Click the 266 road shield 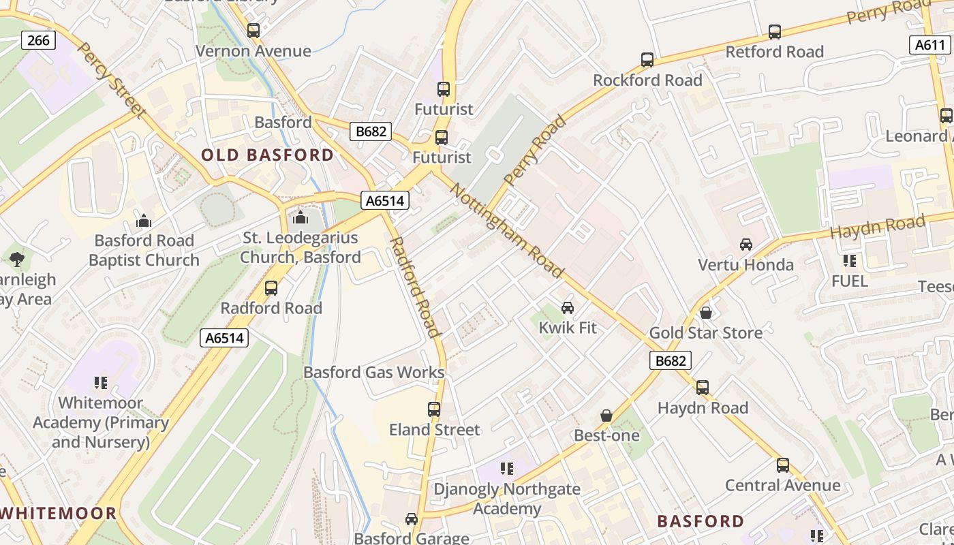[38, 40]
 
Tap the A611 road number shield [929, 45]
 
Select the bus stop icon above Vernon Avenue [253, 30]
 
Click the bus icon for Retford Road [774, 31]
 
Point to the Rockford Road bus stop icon [647, 60]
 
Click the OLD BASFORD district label [267, 155]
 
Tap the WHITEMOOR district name [59, 513]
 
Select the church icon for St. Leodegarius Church [300, 218]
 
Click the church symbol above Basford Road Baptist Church [144, 221]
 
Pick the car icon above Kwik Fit [567, 308]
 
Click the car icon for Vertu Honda [746, 245]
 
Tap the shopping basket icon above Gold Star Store [706, 313]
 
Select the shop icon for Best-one [606, 416]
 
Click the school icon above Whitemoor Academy [101, 383]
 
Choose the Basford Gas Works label [373, 373]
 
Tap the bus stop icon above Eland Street [434, 409]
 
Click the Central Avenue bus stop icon [783, 465]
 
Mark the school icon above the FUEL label [849, 261]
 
